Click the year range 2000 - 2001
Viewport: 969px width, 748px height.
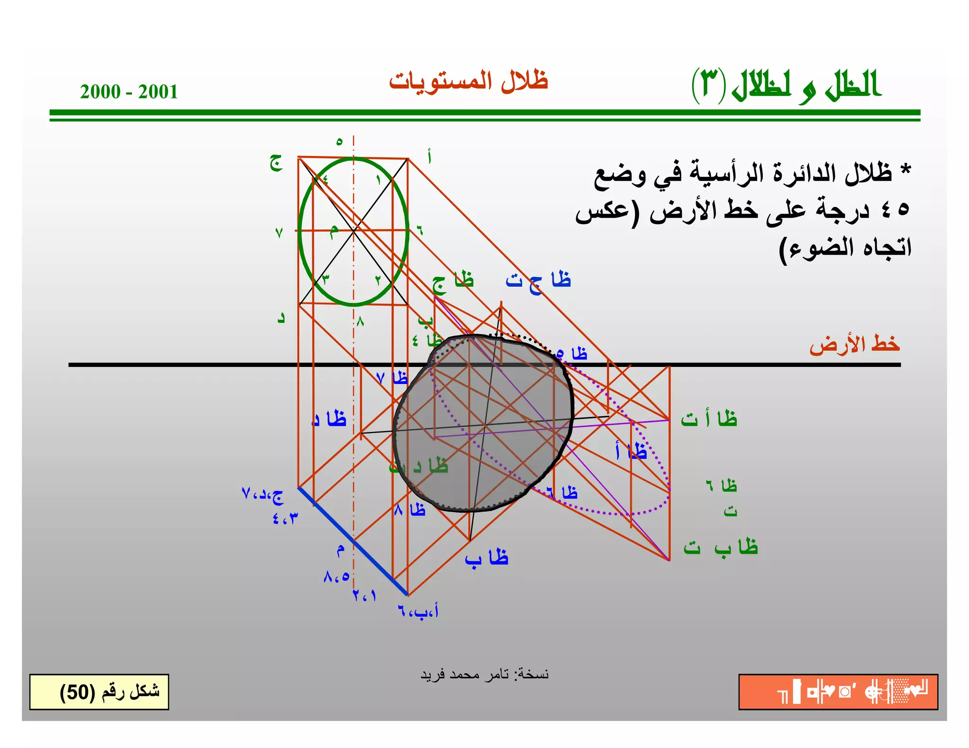(129, 92)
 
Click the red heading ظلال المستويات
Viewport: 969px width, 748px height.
(468, 81)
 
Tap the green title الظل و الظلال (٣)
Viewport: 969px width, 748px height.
(786, 85)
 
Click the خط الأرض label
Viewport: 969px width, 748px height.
(854, 344)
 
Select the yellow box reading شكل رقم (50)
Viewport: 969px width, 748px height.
(99, 692)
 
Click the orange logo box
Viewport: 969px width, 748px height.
(838, 692)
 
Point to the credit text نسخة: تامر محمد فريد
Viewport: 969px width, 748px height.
(484, 674)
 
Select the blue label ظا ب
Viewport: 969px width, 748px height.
(486, 558)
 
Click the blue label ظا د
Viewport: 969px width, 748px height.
(329, 419)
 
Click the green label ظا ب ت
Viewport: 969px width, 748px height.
(720, 548)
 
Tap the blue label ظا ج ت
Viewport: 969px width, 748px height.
(538, 280)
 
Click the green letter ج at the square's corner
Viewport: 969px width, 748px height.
(276, 163)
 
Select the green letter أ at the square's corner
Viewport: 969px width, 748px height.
(429, 157)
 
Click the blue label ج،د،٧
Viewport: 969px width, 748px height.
(263, 495)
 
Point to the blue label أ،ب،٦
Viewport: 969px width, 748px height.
(418, 611)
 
